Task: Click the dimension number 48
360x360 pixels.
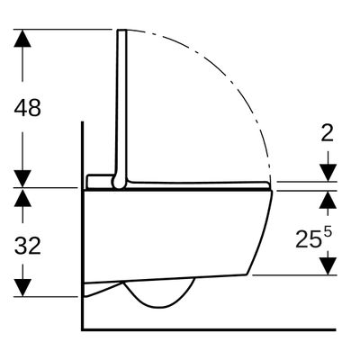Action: point(27,108)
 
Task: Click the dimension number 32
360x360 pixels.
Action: point(27,246)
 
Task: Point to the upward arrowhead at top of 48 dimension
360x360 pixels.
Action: point(22,38)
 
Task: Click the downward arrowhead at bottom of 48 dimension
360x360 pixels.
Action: point(22,179)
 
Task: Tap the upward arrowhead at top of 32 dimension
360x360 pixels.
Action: point(22,197)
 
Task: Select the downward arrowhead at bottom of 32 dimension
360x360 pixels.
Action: point(22,288)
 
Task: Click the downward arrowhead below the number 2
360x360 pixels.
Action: point(328,173)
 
